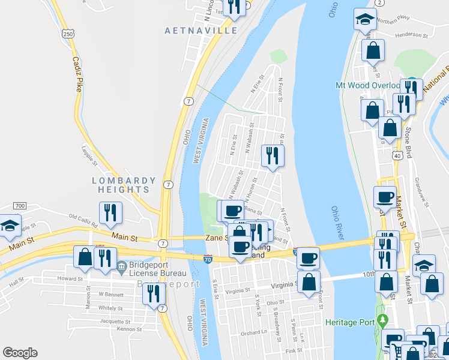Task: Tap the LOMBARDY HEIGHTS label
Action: point(124,184)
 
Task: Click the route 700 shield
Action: point(19,206)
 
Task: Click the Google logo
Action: point(20,353)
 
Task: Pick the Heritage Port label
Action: point(350,322)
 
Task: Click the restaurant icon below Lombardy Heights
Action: point(111,212)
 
